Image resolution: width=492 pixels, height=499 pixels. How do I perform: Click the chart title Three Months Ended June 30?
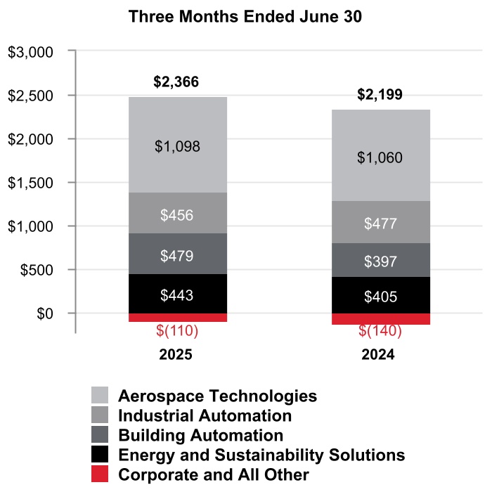245,17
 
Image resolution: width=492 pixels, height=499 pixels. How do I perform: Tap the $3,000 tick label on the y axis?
30,52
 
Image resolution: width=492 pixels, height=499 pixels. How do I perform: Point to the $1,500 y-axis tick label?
30,183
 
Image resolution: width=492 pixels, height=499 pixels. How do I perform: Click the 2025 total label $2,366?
176,82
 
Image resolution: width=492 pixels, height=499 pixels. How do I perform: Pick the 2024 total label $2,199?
380,95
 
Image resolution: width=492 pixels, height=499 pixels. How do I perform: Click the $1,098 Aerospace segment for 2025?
177,147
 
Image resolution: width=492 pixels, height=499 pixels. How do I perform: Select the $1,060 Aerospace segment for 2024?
380,157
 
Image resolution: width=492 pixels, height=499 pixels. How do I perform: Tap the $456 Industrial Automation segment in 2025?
177,215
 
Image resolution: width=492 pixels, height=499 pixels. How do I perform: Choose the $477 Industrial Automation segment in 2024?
380,223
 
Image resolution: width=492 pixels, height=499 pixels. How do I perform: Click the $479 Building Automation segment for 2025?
177,255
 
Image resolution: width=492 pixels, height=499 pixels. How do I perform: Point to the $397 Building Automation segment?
380,261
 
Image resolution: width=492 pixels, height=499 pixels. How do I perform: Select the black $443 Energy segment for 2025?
177,294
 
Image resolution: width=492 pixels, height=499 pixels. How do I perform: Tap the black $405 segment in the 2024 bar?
380,297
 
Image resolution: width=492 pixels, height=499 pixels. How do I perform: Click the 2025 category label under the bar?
176,355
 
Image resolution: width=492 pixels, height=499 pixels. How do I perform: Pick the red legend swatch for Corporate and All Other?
101,474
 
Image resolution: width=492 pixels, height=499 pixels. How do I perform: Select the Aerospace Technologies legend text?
218,396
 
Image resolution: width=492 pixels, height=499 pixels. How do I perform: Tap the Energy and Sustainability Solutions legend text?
261,455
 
